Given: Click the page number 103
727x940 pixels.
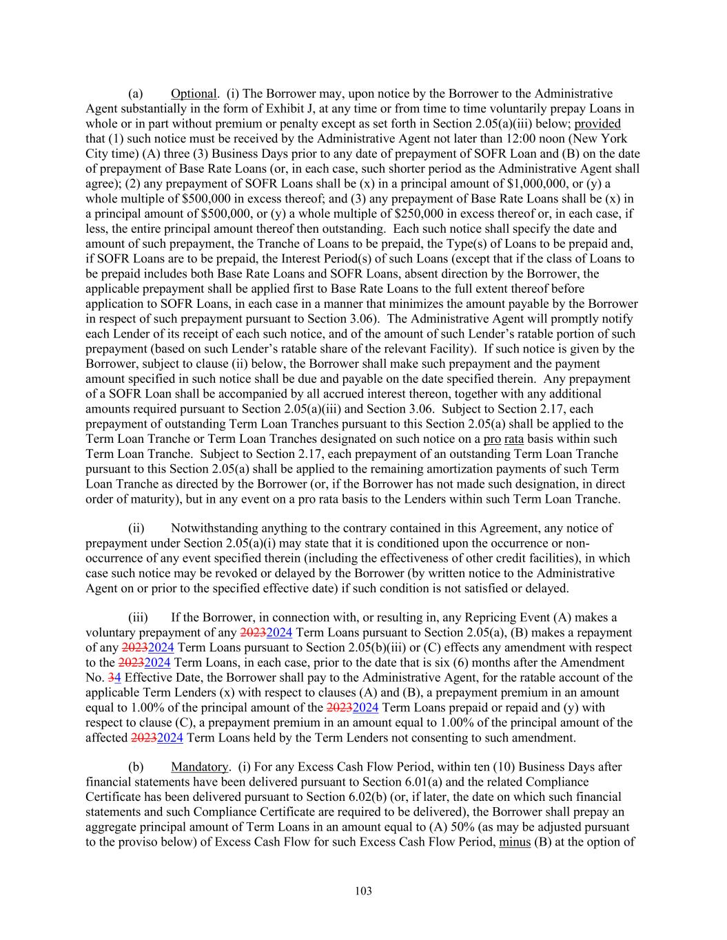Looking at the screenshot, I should click(x=363, y=891).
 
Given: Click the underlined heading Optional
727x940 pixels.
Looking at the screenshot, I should click(x=194, y=94).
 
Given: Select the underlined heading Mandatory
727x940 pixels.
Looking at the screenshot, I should click(x=199, y=766).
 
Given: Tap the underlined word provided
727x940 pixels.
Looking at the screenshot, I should click(x=597, y=123).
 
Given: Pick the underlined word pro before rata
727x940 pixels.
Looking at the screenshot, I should click(x=492, y=439).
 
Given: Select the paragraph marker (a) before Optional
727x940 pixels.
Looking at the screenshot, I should click(x=136, y=94).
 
